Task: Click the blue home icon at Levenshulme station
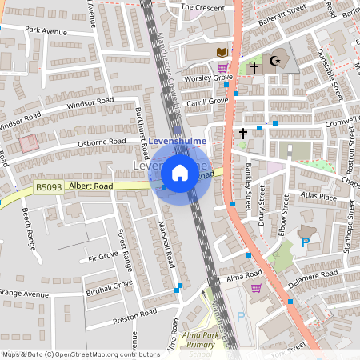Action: [x=180, y=173]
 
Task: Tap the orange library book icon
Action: [x=222, y=52]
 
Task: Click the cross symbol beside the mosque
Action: [x=254, y=69]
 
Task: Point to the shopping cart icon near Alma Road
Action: [x=256, y=288]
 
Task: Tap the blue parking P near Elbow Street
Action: [x=303, y=242]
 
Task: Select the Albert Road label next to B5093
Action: [x=90, y=186]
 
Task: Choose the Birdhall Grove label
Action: [x=110, y=286]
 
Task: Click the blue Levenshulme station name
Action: [x=178, y=141]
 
